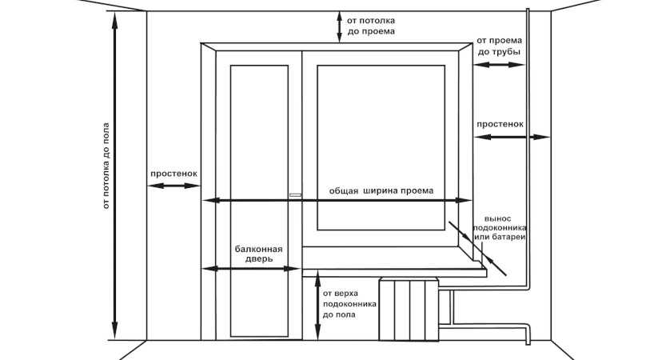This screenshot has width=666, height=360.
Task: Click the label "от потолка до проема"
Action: point(371,26)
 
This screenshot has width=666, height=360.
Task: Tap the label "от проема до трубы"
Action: point(499,46)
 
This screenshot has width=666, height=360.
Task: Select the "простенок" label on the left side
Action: point(173,174)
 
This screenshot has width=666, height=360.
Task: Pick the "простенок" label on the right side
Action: point(500,124)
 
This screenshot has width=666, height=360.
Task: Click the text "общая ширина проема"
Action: point(381,191)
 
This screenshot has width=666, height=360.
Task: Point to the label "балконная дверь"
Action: point(259,254)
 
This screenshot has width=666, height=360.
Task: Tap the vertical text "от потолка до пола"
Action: point(106,166)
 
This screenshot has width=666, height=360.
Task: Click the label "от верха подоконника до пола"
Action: point(349,304)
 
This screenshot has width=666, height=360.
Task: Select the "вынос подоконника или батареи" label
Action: point(500,228)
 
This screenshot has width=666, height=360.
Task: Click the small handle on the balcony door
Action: point(295,195)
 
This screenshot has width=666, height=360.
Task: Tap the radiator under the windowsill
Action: point(409,309)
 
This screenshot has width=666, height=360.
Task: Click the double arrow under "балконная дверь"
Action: point(250,269)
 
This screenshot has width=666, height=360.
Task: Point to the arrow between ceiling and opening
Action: point(339,26)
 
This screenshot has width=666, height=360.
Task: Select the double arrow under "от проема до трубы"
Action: point(499,65)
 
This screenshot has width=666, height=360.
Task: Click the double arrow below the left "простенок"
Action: point(173,186)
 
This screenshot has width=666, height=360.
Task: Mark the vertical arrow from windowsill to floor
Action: point(317,305)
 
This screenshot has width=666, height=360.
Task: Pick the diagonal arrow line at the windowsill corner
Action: point(477,248)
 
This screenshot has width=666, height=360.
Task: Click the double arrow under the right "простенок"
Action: point(512,137)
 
